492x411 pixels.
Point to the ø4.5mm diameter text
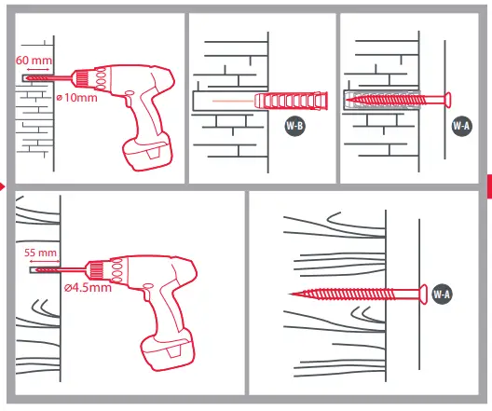point(88,288)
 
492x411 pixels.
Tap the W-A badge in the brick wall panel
point(461,127)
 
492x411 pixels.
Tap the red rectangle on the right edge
point(488,185)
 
